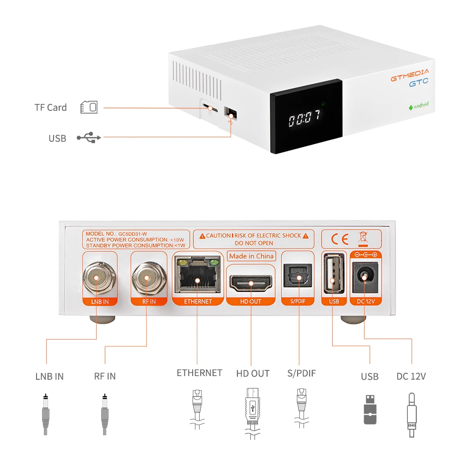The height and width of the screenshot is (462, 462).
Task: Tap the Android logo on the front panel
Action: pyautogui.click(x=418, y=105)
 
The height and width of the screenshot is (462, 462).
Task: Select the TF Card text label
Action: pyautogui.click(x=51, y=108)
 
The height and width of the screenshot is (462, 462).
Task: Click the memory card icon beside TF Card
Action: pyautogui.click(x=89, y=107)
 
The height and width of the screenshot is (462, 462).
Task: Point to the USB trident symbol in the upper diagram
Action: pyautogui.click(x=89, y=137)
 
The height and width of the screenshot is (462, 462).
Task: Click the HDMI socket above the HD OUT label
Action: pyautogui.click(x=251, y=282)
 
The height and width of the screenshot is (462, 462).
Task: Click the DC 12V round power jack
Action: pyautogui.click(x=365, y=277)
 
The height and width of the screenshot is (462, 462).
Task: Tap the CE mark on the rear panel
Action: pyautogui.click(x=339, y=239)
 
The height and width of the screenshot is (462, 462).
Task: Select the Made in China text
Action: pyautogui.click(x=251, y=256)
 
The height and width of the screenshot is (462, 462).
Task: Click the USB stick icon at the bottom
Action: pyautogui.click(x=370, y=409)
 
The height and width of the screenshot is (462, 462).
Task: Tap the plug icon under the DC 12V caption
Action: pyautogui.click(x=411, y=413)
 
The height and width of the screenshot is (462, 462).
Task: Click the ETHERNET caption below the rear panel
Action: pyautogui.click(x=199, y=373)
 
